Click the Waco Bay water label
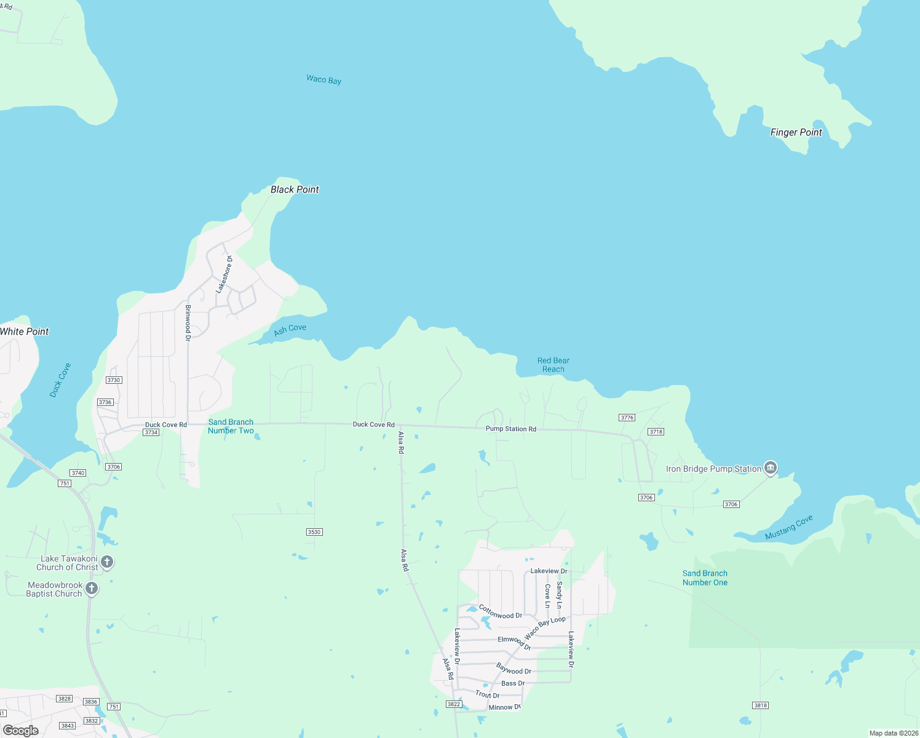pos(323,79)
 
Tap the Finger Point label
pos(796,132)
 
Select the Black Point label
pos(295,189)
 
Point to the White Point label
pos(25,331)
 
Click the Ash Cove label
pos(290,330)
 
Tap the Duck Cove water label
pos(60,380)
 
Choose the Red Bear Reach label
pos(553,365)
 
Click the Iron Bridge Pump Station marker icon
pos(770,468)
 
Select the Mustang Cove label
pos(788,528)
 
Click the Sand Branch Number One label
pos(705,577)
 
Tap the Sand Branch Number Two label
pos(231,426)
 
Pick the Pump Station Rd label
pos(510,429)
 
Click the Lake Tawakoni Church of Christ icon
pos(107,561)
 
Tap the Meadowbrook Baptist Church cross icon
pos(92,589)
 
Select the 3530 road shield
pos(314,532)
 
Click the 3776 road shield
pos(627,418)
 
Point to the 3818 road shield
pos(760,705)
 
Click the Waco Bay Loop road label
pos(545,627)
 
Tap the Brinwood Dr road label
pos(188,322)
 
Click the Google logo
pos(21,731)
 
